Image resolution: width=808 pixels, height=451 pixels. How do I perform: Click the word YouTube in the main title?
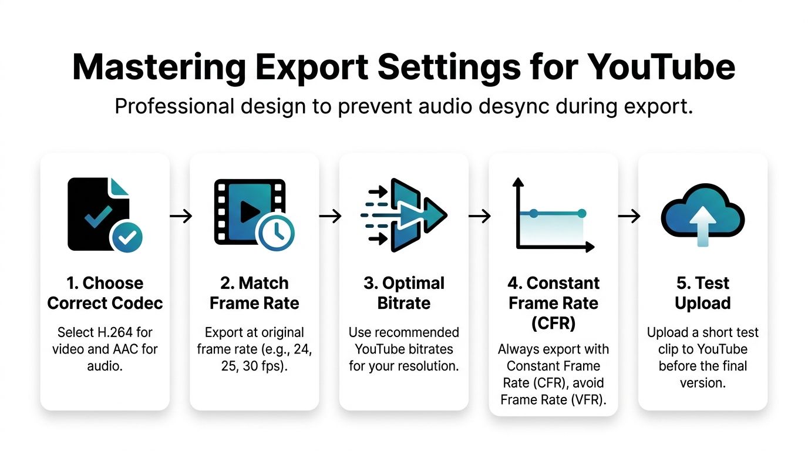(x=661, y=68)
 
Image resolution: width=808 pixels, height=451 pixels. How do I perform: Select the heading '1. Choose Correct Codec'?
(x=105, y=293)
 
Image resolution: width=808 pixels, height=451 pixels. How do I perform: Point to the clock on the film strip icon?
(x=275, y=233)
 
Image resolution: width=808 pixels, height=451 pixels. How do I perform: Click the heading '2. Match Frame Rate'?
(x=254, y=293)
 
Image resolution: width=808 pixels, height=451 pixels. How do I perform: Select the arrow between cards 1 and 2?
(x=180, y=216)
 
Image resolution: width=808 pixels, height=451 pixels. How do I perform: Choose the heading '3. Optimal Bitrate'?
(x=404, y=293)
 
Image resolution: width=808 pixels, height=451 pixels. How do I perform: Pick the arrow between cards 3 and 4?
(x=479, y=216)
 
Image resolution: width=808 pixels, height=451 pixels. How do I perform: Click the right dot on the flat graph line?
(x=581, y=213)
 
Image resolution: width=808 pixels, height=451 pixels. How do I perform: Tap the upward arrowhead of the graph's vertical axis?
(x=517, y=183)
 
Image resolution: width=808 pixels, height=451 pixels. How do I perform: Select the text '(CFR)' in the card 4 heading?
(x=553, y=324)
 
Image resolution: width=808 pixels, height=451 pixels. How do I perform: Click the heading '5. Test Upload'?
(x=703, y=293)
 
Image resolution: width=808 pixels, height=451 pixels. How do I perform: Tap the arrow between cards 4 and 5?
(x=629, y=216)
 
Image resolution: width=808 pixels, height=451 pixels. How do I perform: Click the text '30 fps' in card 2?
(x=262, y=365)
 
